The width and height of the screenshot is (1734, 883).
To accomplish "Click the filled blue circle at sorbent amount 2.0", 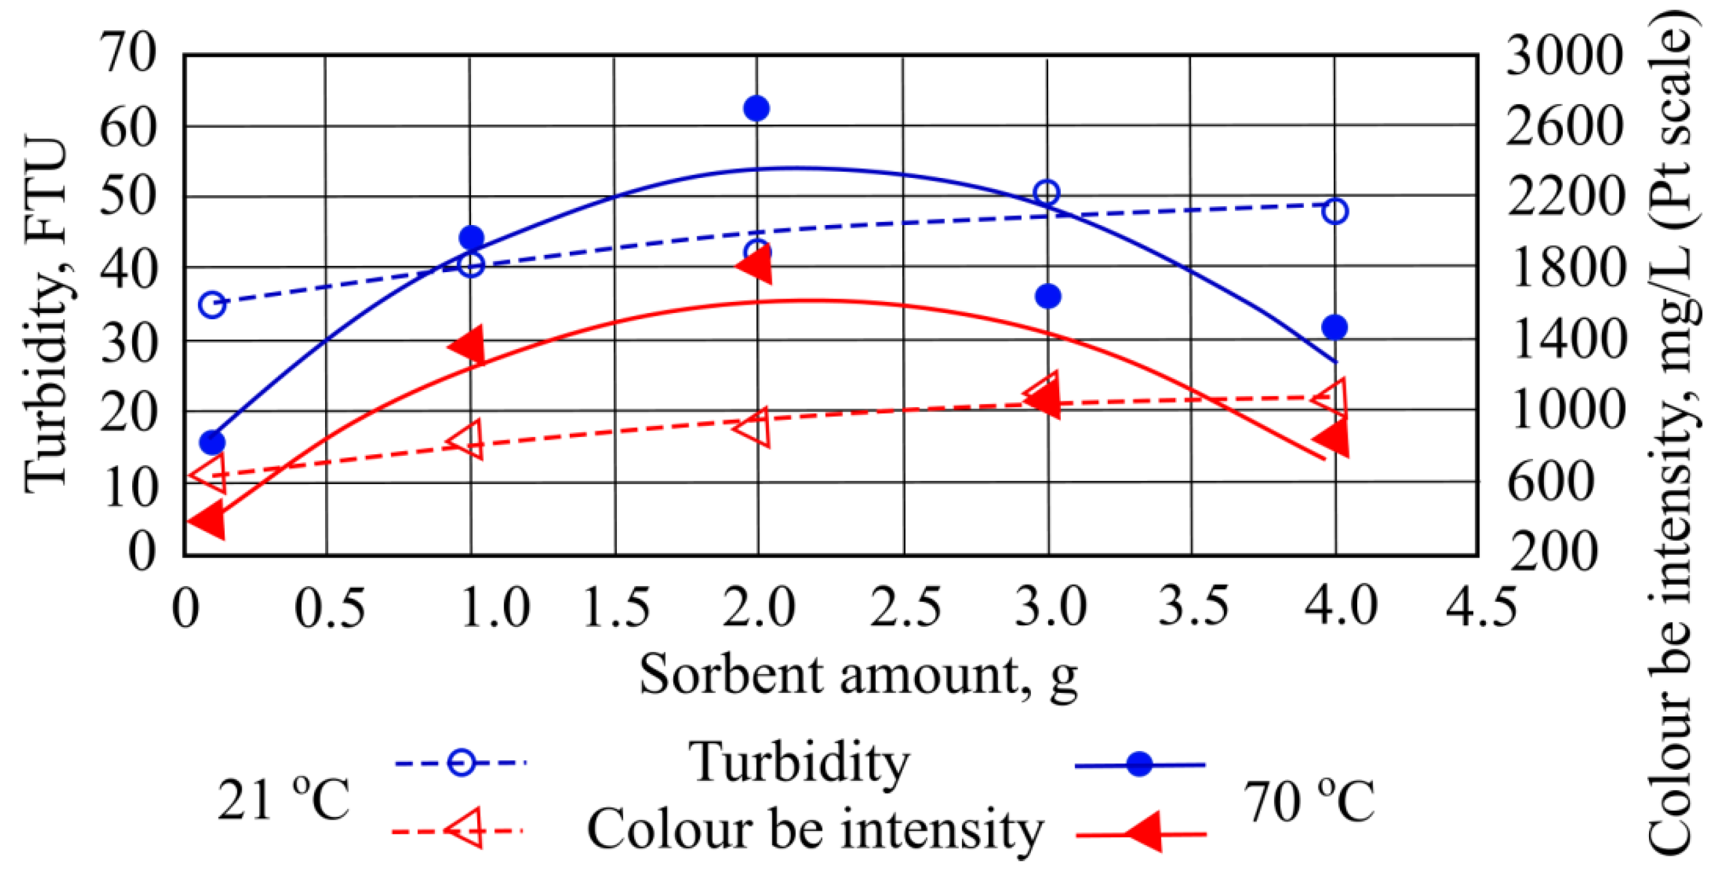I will (x=756, y=109).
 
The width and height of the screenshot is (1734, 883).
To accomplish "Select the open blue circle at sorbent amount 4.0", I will (x=1335, y=211).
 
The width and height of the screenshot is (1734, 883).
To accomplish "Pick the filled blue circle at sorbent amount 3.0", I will (x=1048, y=296).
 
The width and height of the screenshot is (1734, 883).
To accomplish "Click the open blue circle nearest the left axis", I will (x=213, y=305).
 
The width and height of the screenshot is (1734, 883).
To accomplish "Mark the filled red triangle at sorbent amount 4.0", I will (x=1334, y=439).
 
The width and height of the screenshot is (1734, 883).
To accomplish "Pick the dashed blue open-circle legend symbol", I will (x=461, y=762).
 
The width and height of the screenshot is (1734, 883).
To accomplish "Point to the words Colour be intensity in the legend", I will (x=815, y=830).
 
